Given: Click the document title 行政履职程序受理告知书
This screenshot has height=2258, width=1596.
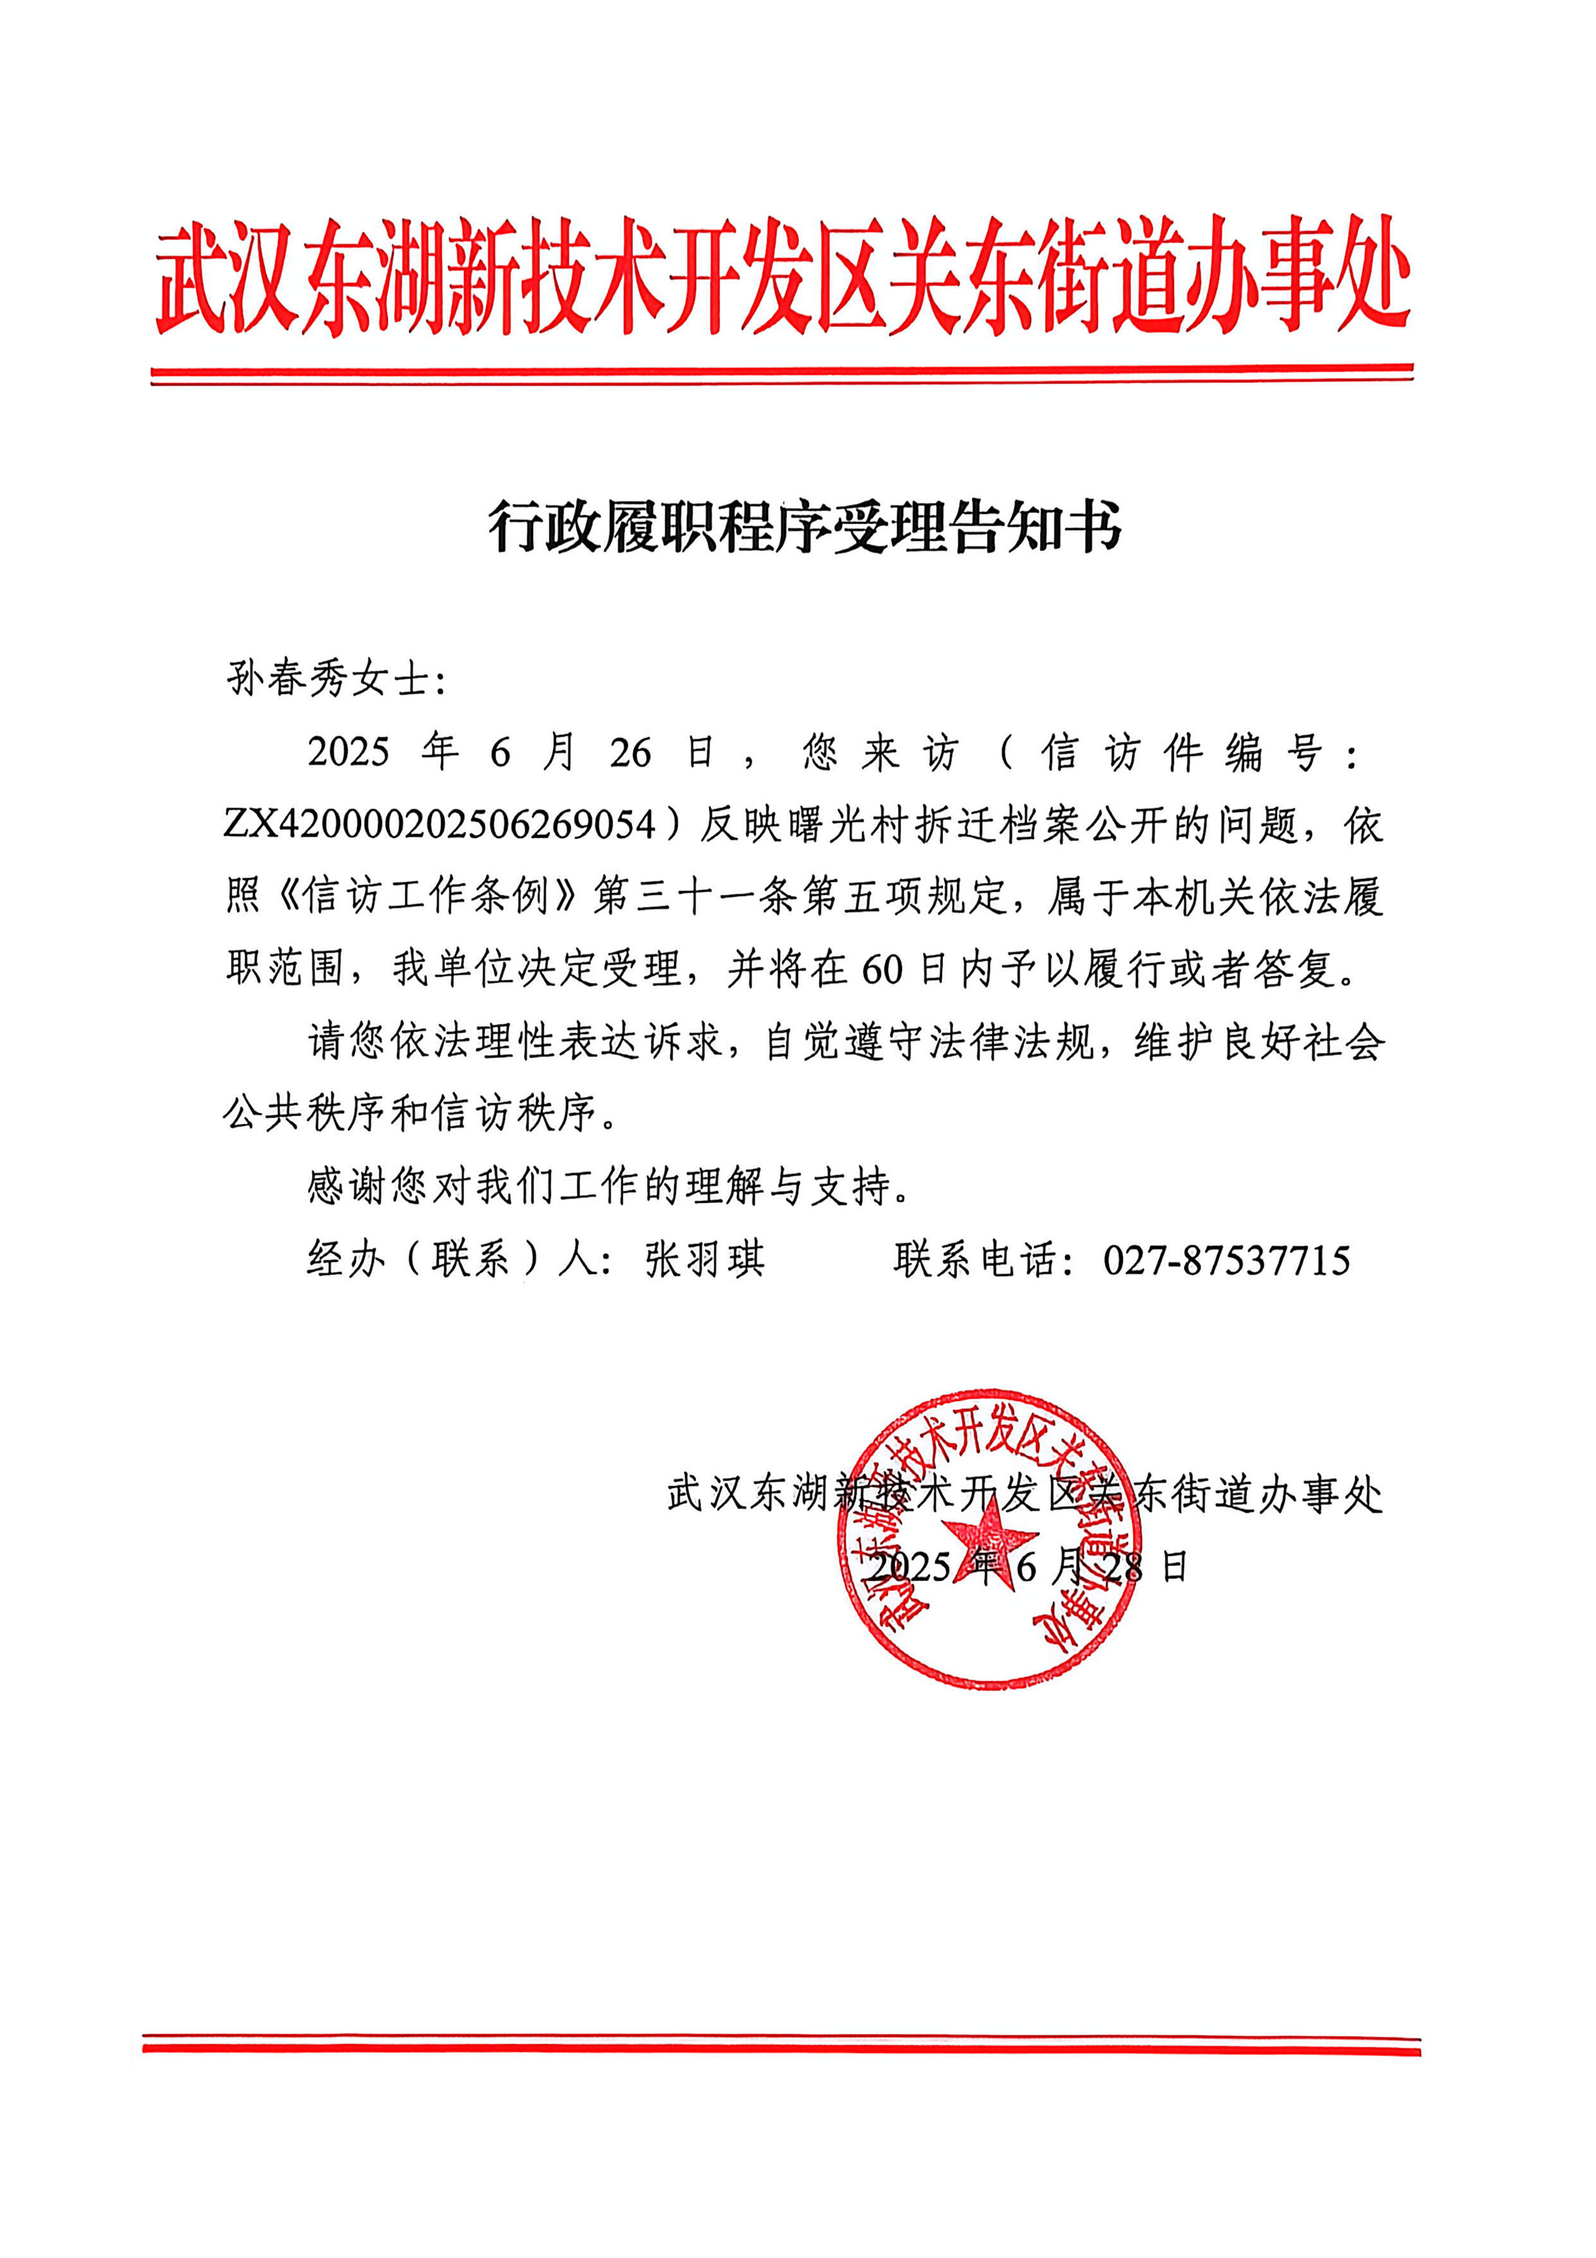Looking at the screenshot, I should tap(804, 527).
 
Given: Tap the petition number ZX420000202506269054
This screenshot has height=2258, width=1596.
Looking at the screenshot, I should tap(439, 824).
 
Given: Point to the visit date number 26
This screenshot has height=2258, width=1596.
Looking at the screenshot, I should tap(630, 753).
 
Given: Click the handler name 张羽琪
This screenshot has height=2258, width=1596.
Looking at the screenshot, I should tap(704, 1260).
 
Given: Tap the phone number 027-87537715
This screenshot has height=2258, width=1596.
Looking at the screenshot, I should tap(1226, 1260).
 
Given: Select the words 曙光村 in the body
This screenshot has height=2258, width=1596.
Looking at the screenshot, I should tap(851, 824).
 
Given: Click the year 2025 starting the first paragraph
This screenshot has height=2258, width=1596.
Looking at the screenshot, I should tap(348, 753).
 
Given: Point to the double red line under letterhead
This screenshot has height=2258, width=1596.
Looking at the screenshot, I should tap(782, 375).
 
